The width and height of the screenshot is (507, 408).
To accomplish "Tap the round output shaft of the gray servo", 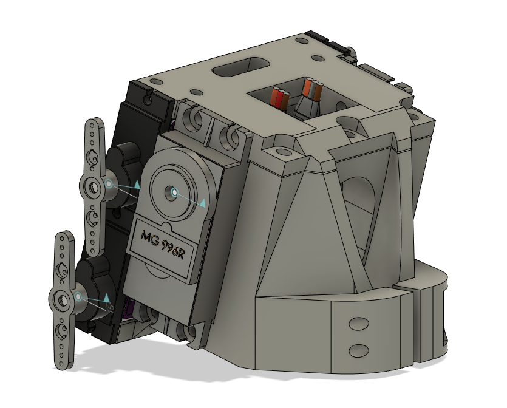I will coord(174,192).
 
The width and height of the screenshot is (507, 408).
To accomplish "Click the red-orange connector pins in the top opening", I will coord(281,98).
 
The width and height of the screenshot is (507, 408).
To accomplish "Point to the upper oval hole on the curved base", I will coord(359,322).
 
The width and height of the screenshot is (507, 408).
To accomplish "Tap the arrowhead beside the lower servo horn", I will coord(107,298).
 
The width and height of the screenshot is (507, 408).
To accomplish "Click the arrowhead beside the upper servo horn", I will coord(137,184).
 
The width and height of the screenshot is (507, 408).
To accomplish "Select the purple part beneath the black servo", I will coord(129,311).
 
